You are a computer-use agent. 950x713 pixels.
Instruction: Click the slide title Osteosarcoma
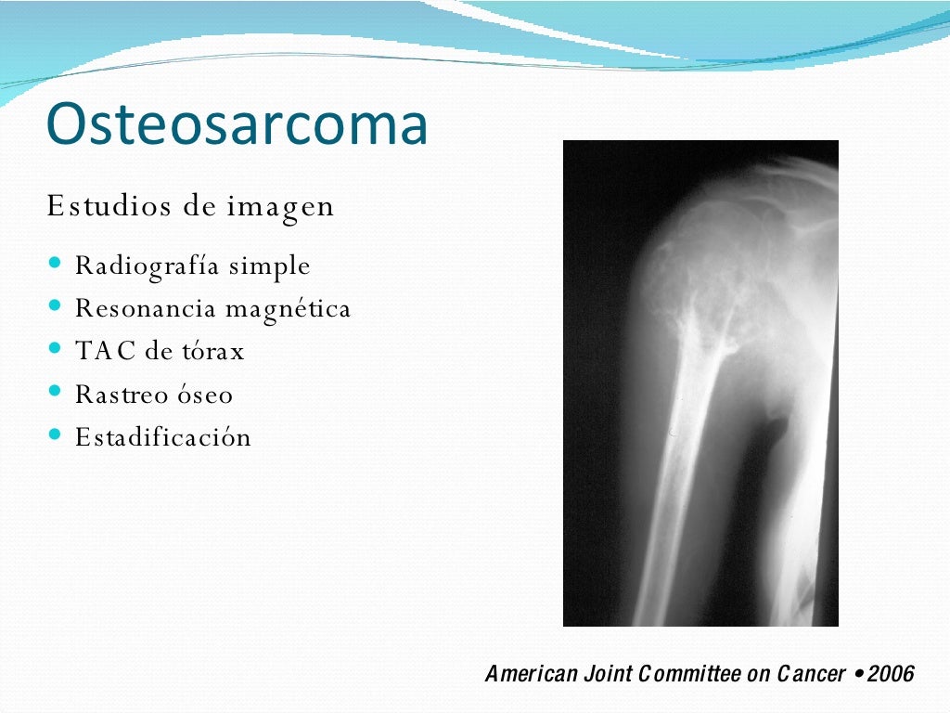(237, 124)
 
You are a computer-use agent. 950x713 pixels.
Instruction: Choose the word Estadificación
(163, 437)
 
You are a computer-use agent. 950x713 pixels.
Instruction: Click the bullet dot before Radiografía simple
(55, 264)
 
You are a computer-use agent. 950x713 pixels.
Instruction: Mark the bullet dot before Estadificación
(55, 434)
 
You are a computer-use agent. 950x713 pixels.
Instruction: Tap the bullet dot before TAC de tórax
(55, 349)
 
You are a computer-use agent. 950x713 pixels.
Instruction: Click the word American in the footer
(530, 674)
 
